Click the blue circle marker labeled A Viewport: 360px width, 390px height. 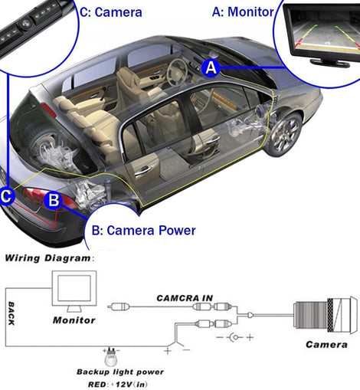click(x=211, y=68)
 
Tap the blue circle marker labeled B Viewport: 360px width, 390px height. click(x=54, y=200)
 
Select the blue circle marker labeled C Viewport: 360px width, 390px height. click(x=6, y=196)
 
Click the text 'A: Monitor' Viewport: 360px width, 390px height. click(x=243, y=11)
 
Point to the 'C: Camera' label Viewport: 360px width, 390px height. click(x=111, y=12)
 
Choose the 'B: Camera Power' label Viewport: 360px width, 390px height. click(x=144, y=231)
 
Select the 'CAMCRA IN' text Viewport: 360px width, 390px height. click(x=185, y=298)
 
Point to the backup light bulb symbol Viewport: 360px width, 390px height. click(x=111, y=357)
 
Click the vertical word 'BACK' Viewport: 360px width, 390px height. click(x=11, y=313)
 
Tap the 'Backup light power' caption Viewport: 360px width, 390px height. click(x=120, y=372)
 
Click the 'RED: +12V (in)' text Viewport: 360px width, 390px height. click(x=118, y=384)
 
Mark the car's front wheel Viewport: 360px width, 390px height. click(x=285, y=135)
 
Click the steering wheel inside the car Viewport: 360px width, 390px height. click(x=176, y=71)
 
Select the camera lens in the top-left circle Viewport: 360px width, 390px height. click(x=25, y=25)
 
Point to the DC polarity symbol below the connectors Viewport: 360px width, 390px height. click(x=235, y=337)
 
